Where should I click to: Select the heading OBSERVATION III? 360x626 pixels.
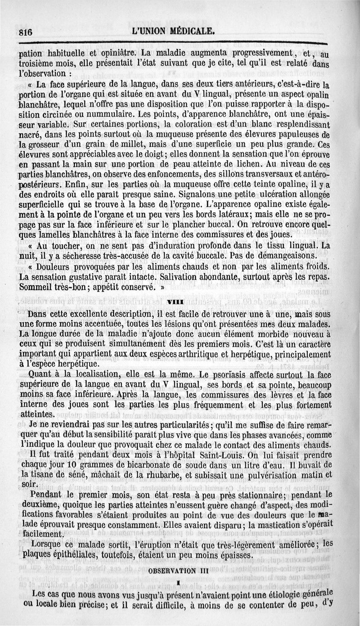pyautogui.click(x=179, y=571)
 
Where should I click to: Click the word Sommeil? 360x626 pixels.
pyautogui.click(x=38, y=286)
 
